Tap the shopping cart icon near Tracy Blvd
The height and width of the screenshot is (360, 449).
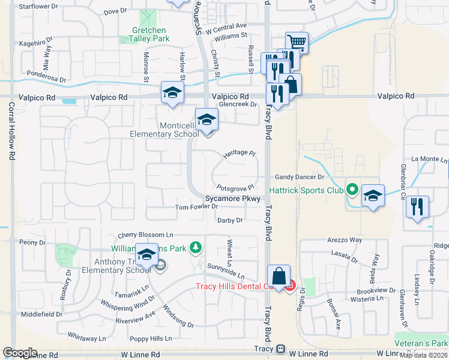(297, 42)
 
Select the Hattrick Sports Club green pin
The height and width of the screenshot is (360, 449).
(352, 190)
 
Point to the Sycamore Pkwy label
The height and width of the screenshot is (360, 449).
(232, 198)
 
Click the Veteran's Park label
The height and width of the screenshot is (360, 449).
(421, 343)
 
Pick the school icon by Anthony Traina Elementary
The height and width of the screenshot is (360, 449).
(146, 255)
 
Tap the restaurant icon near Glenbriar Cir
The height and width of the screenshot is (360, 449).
(417, 206)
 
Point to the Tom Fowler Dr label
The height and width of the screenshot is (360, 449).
(196, 207)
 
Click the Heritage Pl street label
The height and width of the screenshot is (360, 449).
(236, 153)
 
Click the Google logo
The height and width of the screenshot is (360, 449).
(20, 353)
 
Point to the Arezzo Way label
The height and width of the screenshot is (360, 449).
(345, 240)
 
